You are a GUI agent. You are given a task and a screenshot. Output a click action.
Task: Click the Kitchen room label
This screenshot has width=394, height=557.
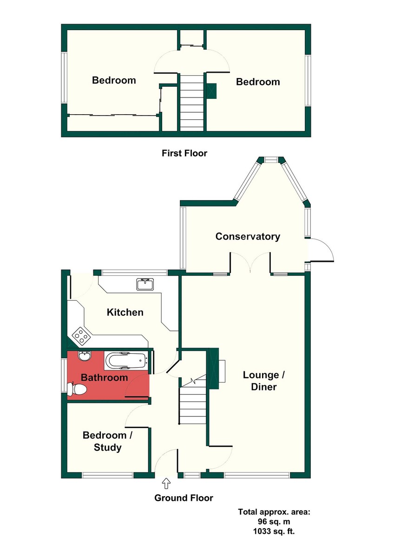[125, 312]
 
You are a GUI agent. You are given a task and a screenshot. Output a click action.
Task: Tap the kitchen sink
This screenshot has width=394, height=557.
[145, 284]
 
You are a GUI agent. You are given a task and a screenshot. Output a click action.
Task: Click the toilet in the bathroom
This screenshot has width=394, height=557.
[77, 389]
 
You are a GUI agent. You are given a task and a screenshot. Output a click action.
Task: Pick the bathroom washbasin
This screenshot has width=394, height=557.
[85, 356]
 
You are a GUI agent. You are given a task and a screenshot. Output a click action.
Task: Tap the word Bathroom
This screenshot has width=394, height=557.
[104, 377]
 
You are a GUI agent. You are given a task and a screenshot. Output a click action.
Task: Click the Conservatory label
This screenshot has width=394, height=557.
[248, 236]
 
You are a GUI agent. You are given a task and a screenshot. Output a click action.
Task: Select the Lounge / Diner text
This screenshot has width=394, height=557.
[264, 381]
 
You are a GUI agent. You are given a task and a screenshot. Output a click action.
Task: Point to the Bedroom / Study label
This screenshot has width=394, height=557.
[107, 441]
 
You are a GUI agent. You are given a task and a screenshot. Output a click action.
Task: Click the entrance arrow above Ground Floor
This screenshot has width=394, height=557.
[166, 483]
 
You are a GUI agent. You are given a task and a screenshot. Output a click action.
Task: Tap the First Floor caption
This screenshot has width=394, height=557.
[184, 153]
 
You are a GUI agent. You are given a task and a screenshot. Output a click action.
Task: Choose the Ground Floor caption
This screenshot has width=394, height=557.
[184, 498]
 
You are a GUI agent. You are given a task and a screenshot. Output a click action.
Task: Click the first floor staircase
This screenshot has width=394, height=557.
[192, 103]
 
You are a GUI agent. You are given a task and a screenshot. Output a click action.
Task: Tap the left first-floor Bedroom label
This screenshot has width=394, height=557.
[114, 80]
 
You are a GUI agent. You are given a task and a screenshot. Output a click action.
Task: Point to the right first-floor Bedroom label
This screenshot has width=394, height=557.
[258, 82]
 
